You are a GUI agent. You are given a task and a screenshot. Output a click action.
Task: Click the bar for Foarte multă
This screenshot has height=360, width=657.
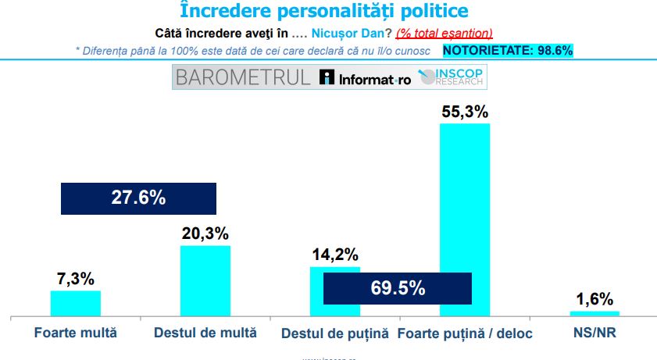point(76,302)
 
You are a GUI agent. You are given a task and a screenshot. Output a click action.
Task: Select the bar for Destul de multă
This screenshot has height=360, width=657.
point(205,280)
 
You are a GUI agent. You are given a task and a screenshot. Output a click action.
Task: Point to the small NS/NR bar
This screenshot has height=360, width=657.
point(595,313)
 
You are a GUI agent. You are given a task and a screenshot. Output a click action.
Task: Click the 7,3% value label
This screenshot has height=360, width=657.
point(76,279)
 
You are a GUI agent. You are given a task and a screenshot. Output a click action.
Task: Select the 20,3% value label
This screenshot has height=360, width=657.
point(205,233)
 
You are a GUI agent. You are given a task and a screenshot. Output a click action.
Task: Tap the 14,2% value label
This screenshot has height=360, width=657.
point(335,255)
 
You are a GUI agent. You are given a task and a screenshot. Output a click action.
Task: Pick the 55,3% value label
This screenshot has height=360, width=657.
point(465,112)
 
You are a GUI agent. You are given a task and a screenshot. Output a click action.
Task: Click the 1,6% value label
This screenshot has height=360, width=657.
point(595,299)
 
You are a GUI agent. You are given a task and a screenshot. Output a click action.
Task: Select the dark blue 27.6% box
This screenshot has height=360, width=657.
point(137,198)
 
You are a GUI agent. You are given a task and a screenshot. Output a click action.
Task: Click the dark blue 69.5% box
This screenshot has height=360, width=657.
point(398,287)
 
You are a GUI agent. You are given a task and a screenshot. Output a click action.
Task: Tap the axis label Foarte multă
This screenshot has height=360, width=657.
point(76,333)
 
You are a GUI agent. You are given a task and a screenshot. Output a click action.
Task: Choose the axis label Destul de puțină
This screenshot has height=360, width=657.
point(335,333)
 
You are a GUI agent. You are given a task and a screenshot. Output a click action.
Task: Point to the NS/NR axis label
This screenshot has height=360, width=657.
point(595,333)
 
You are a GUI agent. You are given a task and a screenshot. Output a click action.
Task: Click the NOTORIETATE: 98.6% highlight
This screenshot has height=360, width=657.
point(508,50)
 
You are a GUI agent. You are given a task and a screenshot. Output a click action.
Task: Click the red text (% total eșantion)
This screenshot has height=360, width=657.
point(444,33)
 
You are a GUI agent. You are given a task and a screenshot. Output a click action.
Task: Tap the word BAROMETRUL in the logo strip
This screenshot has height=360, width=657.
point(243,77)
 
